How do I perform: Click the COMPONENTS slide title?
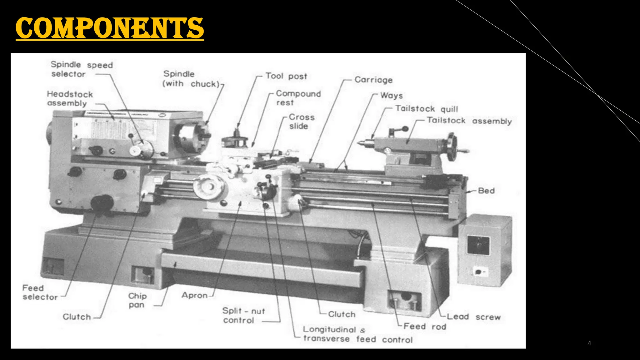click(109, 28)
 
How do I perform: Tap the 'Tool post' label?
click(286, 76)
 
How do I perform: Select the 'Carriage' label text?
click(373, 80)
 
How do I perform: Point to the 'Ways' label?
click(391, 96)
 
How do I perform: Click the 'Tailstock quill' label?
click(427, 109)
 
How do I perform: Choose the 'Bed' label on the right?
click(486, 191)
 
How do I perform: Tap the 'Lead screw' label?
click(473, 317)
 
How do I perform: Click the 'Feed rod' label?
click(425, 327)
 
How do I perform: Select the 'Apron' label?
click(194, 295)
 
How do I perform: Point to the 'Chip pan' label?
click(137, 300)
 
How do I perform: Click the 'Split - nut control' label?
click(243, 316)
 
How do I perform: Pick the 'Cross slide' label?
click(301, 122)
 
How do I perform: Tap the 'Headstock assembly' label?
click(70, 99)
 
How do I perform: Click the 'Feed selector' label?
click(40, 292)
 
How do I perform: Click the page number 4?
click(589, 343)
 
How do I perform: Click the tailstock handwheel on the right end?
click(451, 147)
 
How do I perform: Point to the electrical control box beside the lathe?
click(484, 250)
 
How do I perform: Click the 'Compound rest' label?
click(298, 98)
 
